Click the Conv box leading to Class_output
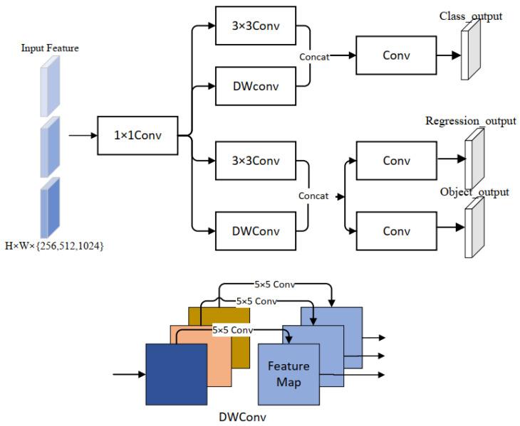pyautogui.click(x=396, y=54)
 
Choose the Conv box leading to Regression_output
pyautogui.click(x=396, y=161)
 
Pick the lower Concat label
pyautogui.click(x=313, y=195)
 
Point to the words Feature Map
pyautogui.click(x=288, y=373)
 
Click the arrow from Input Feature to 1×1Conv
pyautogui.click(x=82, y=133)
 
